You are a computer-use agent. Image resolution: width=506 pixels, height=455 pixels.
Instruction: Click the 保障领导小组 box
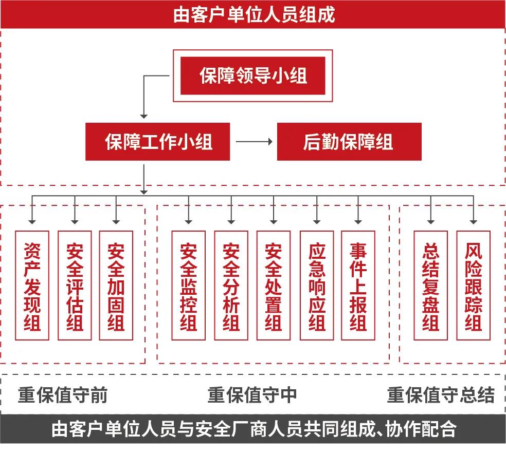pyautogui.click(x=252, y=76)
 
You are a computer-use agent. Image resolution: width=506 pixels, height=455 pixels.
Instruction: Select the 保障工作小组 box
pyautogui.click(x=157, y=142)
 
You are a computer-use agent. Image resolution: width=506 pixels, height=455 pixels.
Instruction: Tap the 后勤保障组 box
pyautogui.click(x=349, y=142)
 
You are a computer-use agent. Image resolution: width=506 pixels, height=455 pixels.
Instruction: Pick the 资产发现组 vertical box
pyautogui.click(x=32, y=286)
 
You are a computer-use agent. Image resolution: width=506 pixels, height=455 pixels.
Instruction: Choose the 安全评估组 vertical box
pyautogui.click(x=75, y=286)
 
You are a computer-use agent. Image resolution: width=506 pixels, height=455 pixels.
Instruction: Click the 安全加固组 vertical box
pyautogui.click(x=116, y=286)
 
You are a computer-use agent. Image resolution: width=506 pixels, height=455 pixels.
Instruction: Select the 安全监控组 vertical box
pyautogui.click(x=189, y=286)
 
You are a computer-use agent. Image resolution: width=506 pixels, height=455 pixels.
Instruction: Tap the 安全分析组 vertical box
pyautogui.click(x=231, y=286)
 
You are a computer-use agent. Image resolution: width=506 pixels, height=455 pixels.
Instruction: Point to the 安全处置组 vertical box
pyautogui.click(x=273, y=286)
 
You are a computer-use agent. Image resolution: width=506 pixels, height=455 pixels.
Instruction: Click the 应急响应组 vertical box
pyautogui.click(x=317, y=286)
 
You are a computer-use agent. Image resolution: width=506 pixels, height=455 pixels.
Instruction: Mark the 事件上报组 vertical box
pyautogui.click(x=358, y=286)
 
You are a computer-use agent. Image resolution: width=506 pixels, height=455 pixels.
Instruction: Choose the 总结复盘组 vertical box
pyautogui.click(x=431, y=286)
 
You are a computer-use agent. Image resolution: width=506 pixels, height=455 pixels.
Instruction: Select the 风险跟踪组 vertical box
pyautogui.click(x=473, y=286)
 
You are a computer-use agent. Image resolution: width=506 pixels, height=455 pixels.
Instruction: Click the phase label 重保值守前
pyautogui.click(x=63, y=395)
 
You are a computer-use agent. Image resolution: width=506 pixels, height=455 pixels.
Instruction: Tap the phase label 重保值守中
pyautogui.click(x=252, y=395)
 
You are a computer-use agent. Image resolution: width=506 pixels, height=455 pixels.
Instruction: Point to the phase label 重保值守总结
pyautogui.click(x=441, y=395)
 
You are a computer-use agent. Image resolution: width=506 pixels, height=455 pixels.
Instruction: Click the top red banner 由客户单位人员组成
pyautogui.click(x=253, y=14)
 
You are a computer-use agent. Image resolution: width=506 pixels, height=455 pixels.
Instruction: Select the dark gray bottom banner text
pyautogui.click(x=253, y=428)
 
